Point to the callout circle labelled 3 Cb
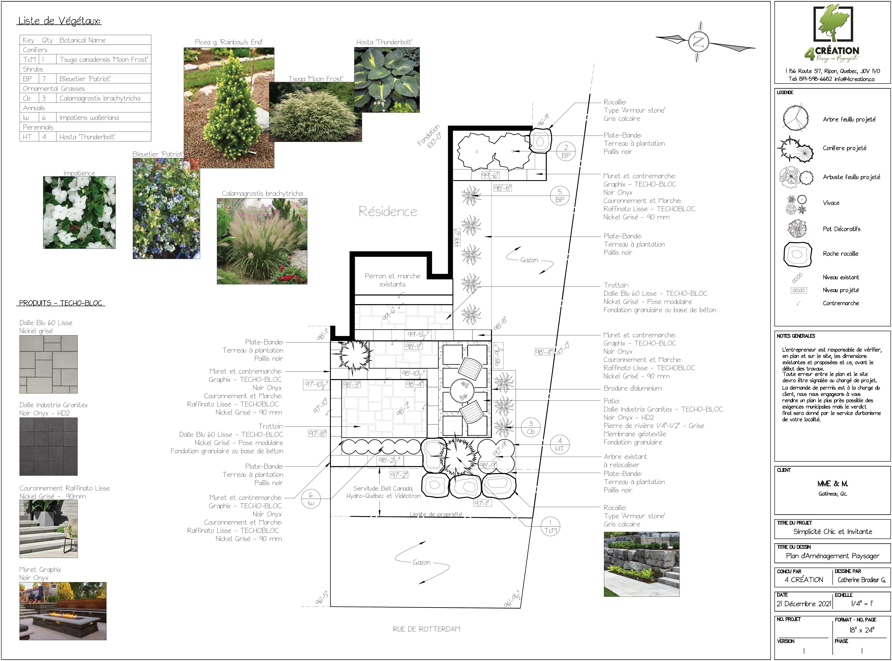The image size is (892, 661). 531,427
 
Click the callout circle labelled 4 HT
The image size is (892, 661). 560,445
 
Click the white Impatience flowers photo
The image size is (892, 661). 79,212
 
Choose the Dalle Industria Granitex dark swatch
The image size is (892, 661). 48,447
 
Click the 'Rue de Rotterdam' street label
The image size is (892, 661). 427,629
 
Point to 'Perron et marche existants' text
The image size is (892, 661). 393,280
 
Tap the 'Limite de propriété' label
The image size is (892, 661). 436,514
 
